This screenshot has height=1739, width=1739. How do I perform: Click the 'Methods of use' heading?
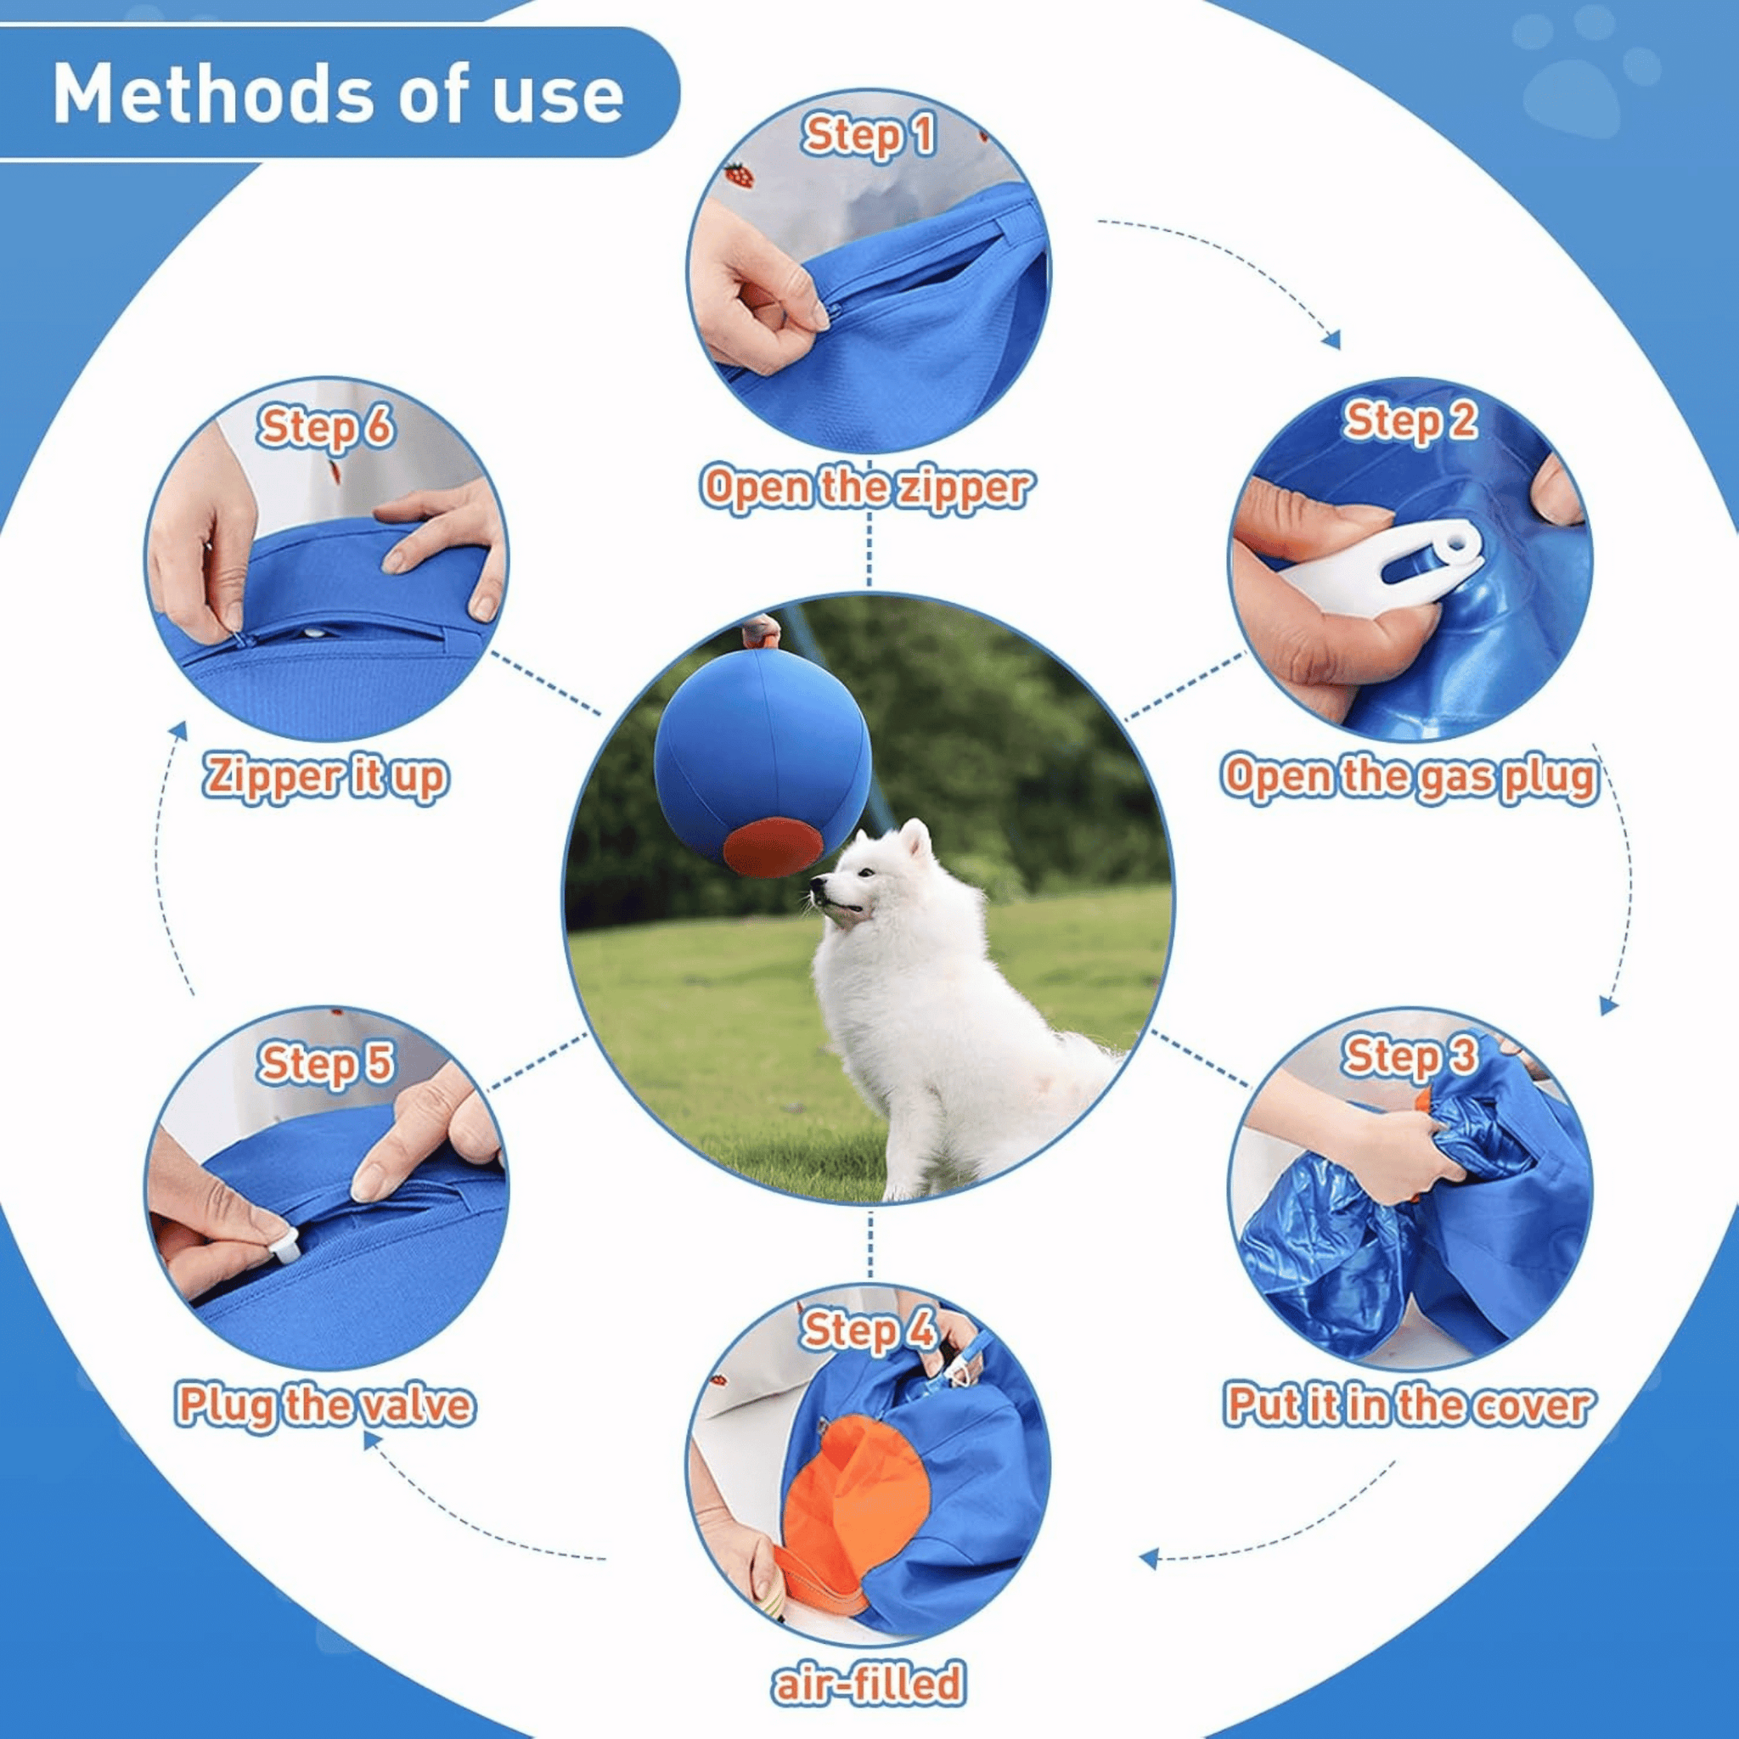pos(338,93)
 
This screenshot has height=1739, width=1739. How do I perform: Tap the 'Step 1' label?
pos(869,137)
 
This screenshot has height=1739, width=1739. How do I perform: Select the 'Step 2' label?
pos(1410,420)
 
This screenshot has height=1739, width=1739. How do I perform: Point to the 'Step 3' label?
pos(1410,1055)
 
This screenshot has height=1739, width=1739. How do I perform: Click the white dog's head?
pos(869,878)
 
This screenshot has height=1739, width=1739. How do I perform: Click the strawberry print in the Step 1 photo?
pos(739,175)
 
